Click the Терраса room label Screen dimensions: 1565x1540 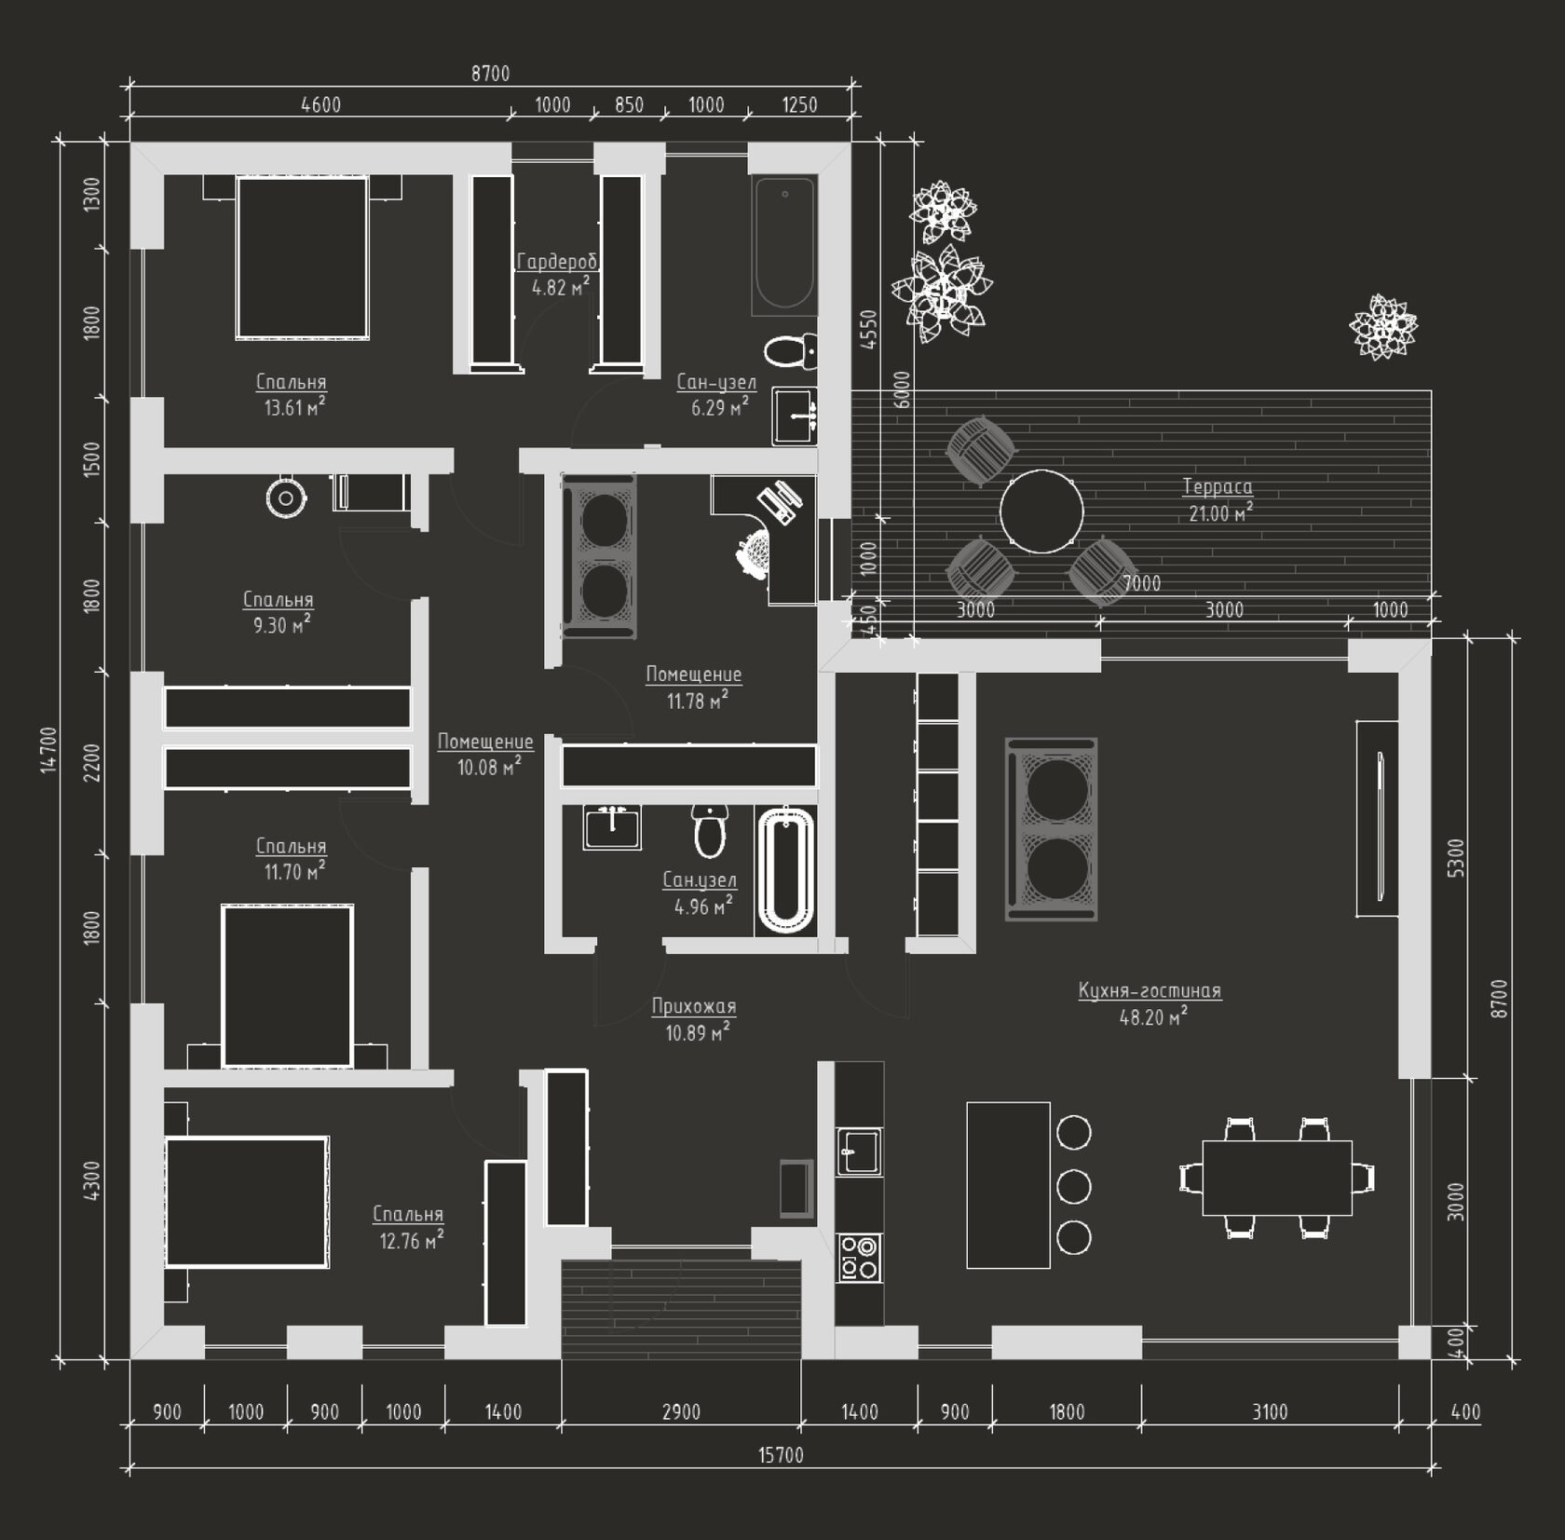pyautogui.click(x=1218, y=486)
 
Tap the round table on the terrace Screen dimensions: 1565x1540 pyautogui.click(x=1041, y=511)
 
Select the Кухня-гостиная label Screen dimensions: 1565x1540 pyautogui.click(x=1150, y=990)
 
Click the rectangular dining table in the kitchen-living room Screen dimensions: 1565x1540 pyautogui.click(x=1277, y=1178)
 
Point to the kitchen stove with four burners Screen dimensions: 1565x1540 pyautogui.click(x=859, y=1257)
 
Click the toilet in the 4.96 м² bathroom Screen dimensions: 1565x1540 pyautogui.click(x=710, y=831)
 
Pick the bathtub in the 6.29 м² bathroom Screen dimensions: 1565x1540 pyautogui.click(x=784, y=245)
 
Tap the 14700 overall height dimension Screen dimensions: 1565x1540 pyautogui.click(x=48, y=750)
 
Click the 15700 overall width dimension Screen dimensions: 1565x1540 pyautogui.click(x=781, y=1455)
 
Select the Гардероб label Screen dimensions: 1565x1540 pyautogui.click(x=557, y=262)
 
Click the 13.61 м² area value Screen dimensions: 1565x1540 pyautogui.click(x=294, y=407)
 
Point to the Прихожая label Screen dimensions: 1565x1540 pyautogui.click(x=694, y=1006)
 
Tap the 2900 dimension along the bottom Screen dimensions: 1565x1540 pyautogui.click(x=681, y=1411)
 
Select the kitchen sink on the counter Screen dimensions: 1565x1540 pyautogui.click(x=859, y=1152)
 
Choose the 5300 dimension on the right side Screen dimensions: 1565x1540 pyautogui.click(x=1456, y=858)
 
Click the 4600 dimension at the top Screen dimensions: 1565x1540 pyautogui.click(x=320, y=104)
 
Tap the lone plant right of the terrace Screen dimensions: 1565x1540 pyautogui.click(x=1383, y=326)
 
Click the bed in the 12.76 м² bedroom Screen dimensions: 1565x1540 pyautogui.click(x=247, y=1202)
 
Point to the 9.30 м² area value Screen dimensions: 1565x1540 pyautogui.click(x=281, y=625)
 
